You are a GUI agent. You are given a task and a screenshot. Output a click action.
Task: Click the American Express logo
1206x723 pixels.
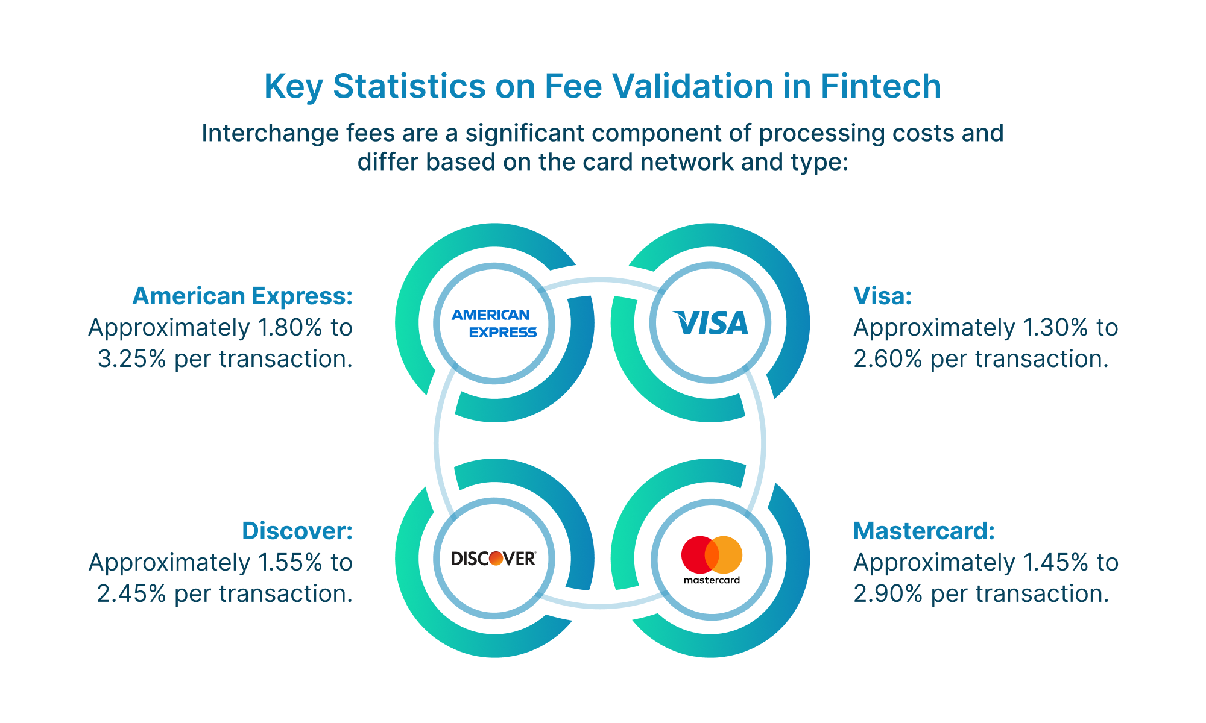[494, 324]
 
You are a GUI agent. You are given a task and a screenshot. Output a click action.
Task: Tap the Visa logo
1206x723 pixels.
[710, 323]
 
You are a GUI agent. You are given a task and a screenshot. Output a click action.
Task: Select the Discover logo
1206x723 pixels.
[494, 559]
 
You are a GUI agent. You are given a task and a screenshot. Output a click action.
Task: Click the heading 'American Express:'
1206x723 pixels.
[242, 296]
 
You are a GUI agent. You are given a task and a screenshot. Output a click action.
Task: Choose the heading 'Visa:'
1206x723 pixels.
[883, 296]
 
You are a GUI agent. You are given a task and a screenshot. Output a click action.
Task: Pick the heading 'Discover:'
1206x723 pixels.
[297, 531]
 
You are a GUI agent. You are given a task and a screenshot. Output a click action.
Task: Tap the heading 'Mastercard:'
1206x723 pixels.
[924, 531]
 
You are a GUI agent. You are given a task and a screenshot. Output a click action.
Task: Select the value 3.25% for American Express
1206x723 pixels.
[131, 359]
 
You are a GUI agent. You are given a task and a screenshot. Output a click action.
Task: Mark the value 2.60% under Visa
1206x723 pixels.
[888, 359]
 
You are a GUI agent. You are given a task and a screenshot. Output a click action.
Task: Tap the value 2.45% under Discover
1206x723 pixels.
[131, 594]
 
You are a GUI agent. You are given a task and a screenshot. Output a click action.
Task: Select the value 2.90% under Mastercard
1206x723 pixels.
[888, 594]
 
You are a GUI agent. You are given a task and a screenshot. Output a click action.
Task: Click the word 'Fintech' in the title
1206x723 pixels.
[881, 86]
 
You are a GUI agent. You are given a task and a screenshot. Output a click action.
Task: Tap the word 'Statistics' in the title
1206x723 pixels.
[409, 86]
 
